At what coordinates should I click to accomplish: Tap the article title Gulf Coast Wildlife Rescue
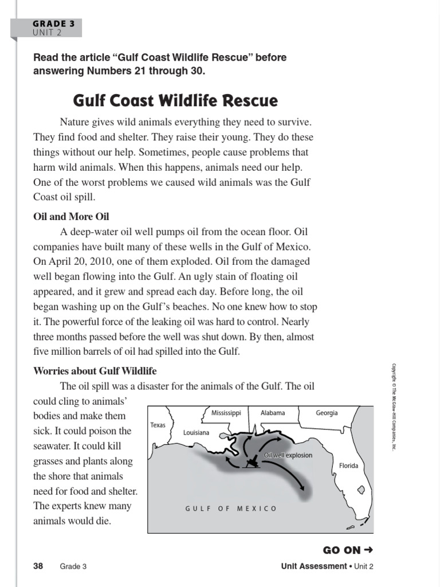pos(175,101)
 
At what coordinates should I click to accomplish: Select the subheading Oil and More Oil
pos(71,217)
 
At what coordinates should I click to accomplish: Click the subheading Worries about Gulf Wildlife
pos(95,371)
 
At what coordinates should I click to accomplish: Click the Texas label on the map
pos(158,425)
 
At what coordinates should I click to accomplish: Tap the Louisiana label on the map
pos(196,433)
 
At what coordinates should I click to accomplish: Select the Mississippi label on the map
pos(226,413)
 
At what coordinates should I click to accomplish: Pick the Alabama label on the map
pos(272,413)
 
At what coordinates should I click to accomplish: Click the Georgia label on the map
pos(327,413)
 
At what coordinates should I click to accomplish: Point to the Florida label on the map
pos(348,465)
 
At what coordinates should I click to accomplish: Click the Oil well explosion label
pos(288,455)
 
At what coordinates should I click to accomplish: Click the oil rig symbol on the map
pos(250,463)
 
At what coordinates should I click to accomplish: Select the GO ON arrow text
pos(348,550)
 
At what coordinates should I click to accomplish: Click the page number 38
pos(38,566)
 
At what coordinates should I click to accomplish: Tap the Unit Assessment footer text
pos(314,566)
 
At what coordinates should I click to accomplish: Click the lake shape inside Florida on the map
pos(362,491)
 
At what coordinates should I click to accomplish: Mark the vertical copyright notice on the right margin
pos(394,406)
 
